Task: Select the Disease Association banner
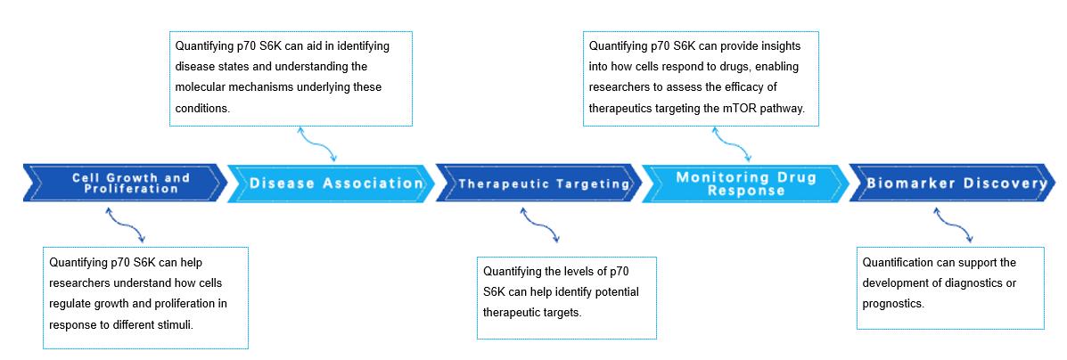pos(331,184)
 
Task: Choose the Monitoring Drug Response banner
pos(745,184)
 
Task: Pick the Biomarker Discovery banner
pos(954,184)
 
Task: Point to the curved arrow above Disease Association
pos(317,143)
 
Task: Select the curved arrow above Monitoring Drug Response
pos(732,143)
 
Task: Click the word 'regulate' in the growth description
pos(71,304)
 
